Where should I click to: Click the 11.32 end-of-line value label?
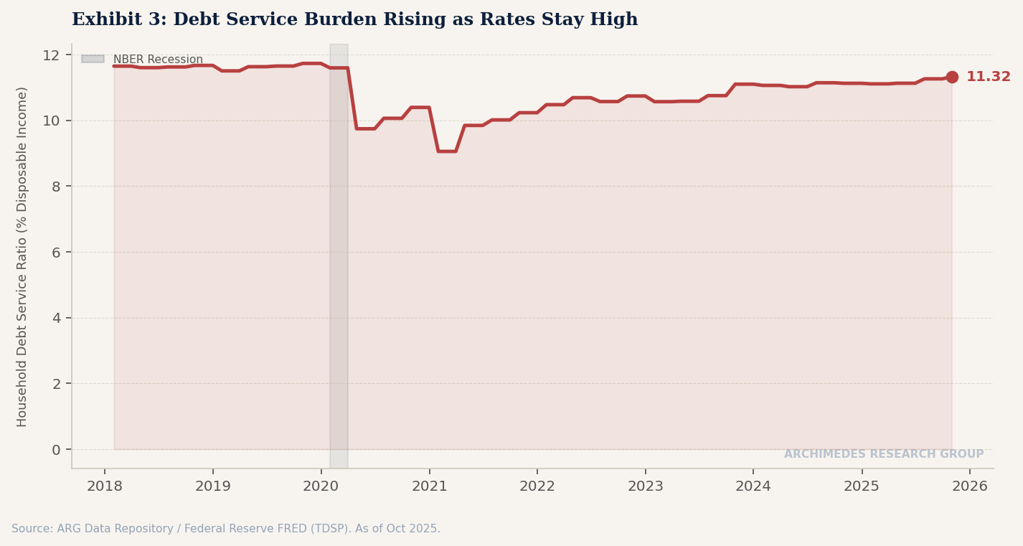[988, 77]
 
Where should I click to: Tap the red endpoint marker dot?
[952, 77]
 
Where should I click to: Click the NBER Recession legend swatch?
[93, 60]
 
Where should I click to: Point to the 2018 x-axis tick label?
[105, 486]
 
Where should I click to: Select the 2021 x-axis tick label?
[429, 486]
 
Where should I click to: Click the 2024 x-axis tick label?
[753, 486]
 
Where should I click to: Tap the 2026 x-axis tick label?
[969, 486]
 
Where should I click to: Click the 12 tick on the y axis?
[51, 55]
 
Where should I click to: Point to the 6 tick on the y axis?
[57, 253]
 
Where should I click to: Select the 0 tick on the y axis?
[57, 450]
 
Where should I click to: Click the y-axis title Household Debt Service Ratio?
[22, 256]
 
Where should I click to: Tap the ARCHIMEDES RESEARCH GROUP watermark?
[883, 454]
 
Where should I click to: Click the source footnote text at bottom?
[226, 529]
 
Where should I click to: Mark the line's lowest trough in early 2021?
[446, 151]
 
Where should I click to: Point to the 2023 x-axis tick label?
[645, 486]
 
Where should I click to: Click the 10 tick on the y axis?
[51, 121]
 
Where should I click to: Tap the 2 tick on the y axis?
[57, 384]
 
